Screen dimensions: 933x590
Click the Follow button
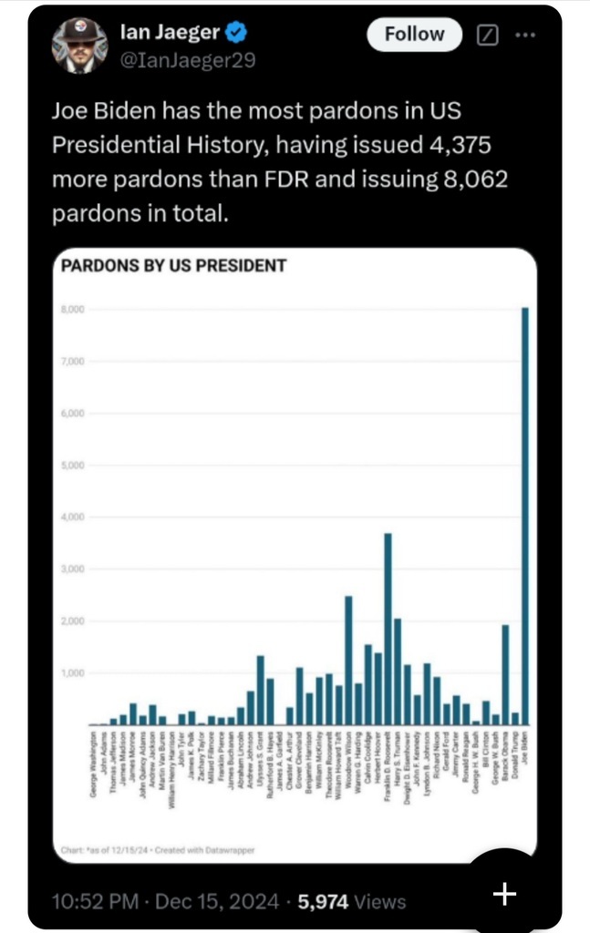pyautogui.click(x=414, y=35)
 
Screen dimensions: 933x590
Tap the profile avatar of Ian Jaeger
pyautogui.click(x=79, y=45)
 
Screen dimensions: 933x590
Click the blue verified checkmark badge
pyautogui.click(x=236, y=34)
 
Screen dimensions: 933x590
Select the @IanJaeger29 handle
pyautogui.click(x=187, y=61)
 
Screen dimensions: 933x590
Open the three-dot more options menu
pyautogui.click(x=526, y=35)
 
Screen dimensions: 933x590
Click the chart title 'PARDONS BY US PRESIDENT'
pyautogui.click(x=173, y=266)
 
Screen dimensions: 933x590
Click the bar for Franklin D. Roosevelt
pyautogui.click(x=388, y=629)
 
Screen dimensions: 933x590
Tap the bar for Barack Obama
pyautogui.click(x=505, y=674)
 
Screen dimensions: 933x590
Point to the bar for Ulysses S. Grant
pyautogui.click(x=260, y=690)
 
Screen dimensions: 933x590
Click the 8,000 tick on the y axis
pyautogui.click(x=73, y=310)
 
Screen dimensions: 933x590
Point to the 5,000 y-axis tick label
pyautogui.click(x=73, y=466)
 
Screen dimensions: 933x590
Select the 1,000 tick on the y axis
pyautogui.click(x=73, y=673)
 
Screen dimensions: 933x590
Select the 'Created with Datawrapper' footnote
pyautogui.click(x=203, y=850)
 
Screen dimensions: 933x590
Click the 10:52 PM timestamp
pyautogui.click(x=96, y=901)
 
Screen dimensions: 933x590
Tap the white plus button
pyautogui.click(x=504, y=894)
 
